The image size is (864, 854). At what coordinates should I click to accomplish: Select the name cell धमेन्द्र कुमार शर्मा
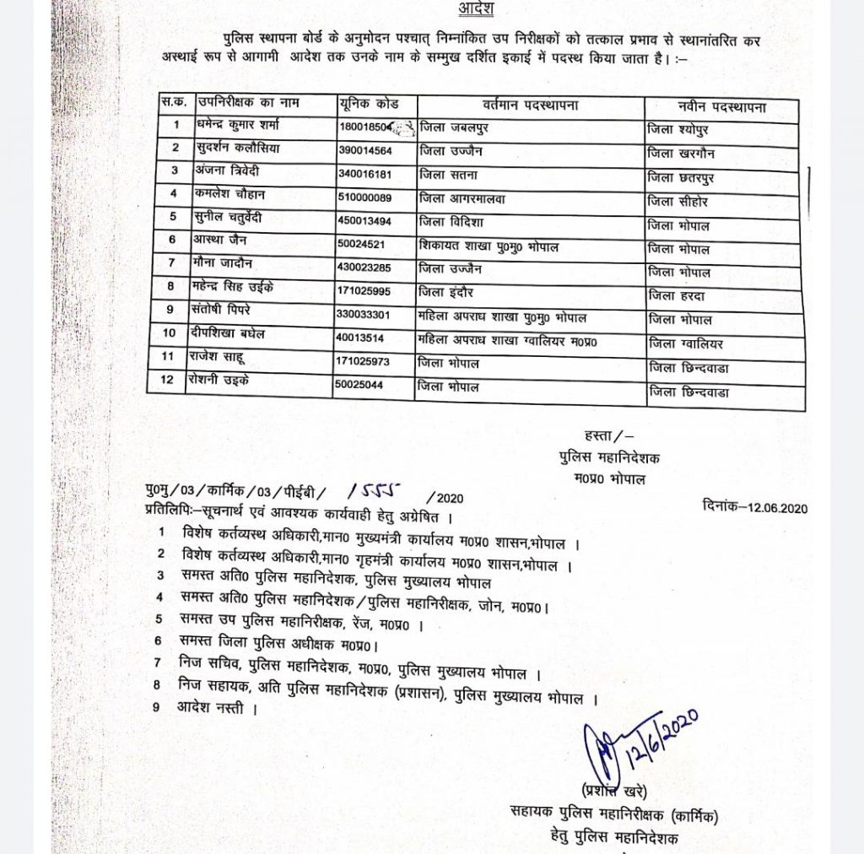coord(238,126)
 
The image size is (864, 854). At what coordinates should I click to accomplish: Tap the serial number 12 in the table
coord(174,380)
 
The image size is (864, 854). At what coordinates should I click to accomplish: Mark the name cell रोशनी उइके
coord(225,381)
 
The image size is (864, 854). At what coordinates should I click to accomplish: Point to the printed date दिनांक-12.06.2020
coord(755,507)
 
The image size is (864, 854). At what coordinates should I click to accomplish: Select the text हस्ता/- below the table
coord(596,435)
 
